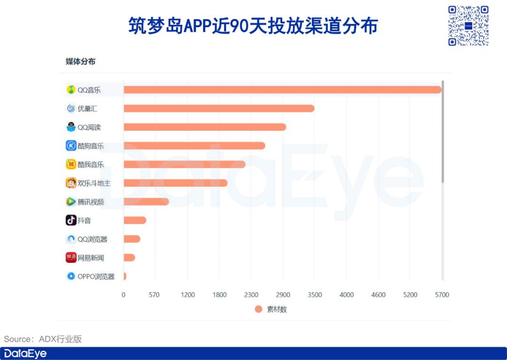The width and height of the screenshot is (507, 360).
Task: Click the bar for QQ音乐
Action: pyautogui.click(x=282, y=90)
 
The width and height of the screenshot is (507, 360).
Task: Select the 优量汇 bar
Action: pyautogui.click(x=219, y=108)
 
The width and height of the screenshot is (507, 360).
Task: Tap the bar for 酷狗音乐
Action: pyautogui.click(x=194, y=146)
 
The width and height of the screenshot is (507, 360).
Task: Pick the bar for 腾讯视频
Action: pyautogui.click(x=146, y=202)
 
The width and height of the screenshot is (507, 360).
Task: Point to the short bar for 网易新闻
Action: pyautogui.click(x=129, y=258)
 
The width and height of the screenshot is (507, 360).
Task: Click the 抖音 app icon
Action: pyautogui.click(x=71, y=220)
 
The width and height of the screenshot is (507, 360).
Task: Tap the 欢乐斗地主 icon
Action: pyautogui.click(x=71, y=183)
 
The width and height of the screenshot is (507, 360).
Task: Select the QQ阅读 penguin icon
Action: pyautogui.click(x=71, y=127)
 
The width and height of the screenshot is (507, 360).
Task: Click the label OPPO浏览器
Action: pyautogui.click(x=96, y=276)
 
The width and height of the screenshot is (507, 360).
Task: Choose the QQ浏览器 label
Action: pyautogui.click(x=92, y=239)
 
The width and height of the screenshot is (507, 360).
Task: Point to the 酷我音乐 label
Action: pyautogui.click(x=91, y=165)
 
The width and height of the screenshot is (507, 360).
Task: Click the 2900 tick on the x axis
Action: pyautogui.click(x=283, y=295)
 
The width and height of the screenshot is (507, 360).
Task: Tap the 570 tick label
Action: pyautogui.click(x=154, y=295)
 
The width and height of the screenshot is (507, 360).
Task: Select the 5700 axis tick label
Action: pyautogui.click(x=442, y=295)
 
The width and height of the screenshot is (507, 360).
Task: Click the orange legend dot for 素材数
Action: pyautogui.click(x=259, y=309)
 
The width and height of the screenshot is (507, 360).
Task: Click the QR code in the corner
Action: pyautogui.click(x=468, y=25)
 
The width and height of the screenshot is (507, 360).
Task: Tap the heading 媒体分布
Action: pyautogui.click(x=80, y=61)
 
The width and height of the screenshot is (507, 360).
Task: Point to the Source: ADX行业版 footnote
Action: pyautogui.click(x=43, y=339)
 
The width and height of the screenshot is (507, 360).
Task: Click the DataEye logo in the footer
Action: pyautogui.click(x=25, y=353)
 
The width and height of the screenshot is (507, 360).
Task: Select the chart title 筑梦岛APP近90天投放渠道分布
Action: pyautogui.click(x=253, y=26)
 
